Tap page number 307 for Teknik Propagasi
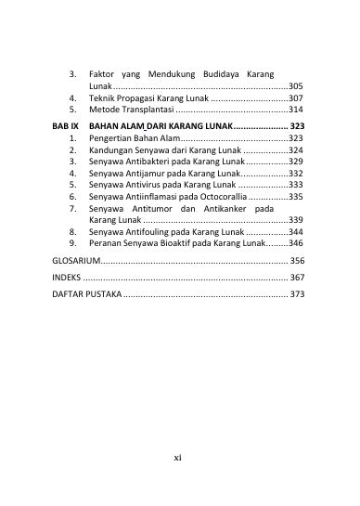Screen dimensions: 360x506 (296, 97)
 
